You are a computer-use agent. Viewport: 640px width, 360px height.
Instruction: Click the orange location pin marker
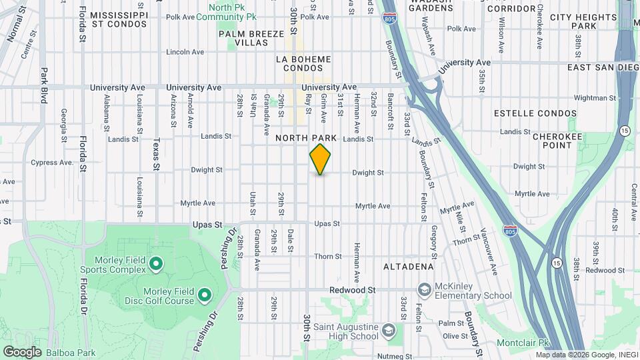[320, 159]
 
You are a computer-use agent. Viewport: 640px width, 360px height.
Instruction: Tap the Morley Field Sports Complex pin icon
[156, 264]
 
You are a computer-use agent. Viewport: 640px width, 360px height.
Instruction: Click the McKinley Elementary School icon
[424, 290]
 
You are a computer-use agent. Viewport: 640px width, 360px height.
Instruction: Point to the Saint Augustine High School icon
[389, 330]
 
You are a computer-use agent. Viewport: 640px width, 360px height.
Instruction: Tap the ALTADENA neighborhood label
[409, 267]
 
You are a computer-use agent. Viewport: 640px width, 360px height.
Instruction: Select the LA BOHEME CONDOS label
[303, 63]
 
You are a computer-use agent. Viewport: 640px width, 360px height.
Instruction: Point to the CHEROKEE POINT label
[553, 140]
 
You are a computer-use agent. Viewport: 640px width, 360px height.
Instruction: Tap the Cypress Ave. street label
[52, 162]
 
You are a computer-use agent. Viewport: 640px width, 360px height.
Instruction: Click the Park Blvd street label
[44, 85]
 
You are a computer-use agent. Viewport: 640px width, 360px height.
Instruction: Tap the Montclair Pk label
[523, 343]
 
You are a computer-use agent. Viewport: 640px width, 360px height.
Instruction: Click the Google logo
[22, 352]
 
